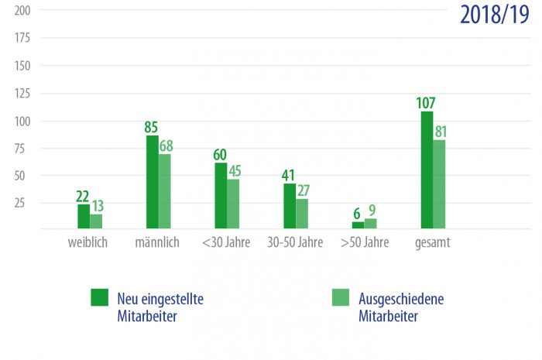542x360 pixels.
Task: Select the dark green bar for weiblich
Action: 84,217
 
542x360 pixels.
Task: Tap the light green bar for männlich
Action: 165,191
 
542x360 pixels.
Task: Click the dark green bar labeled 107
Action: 427,170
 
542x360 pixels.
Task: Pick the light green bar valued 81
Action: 439,184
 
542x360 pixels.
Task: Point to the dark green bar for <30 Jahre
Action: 221,196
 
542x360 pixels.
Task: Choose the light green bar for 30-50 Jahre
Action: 302,214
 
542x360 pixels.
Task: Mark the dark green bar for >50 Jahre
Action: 358,225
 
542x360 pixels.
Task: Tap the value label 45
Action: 233,169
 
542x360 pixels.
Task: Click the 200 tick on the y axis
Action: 22,11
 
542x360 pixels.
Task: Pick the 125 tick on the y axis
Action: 22,94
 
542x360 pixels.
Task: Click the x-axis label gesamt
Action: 433,242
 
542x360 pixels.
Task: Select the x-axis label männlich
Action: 157,242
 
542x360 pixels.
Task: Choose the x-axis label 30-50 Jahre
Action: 295,242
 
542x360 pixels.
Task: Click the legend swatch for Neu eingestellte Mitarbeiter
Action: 99,297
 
